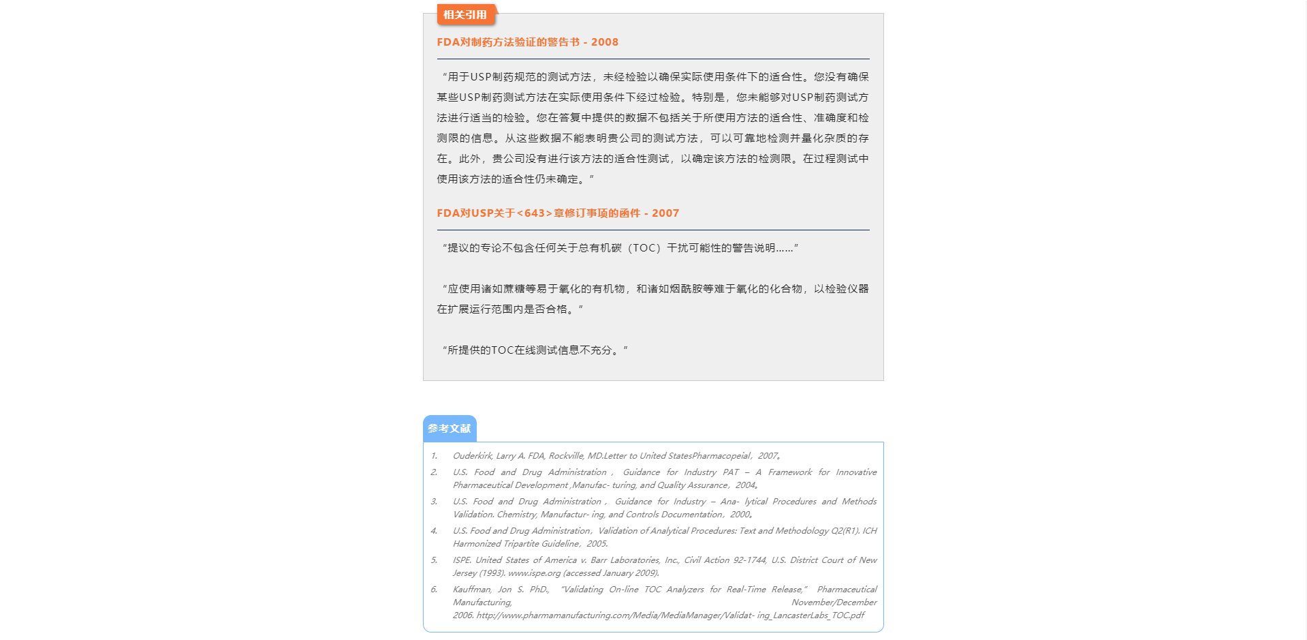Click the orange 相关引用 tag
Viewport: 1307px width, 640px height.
465,14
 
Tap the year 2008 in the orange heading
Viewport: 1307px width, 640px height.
604,42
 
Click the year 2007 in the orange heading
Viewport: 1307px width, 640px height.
665,213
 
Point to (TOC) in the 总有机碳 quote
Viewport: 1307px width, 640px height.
644,248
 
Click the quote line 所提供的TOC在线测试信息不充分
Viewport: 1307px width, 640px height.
535,350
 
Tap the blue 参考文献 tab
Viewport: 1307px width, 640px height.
450,429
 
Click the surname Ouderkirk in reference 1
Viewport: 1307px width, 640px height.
472,456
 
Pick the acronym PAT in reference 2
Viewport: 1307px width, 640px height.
731,472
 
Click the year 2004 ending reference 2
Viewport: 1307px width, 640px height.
745,485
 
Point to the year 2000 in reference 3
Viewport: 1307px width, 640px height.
740,515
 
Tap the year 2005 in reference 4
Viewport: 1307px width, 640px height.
597,544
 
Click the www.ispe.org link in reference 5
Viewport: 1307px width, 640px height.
534,573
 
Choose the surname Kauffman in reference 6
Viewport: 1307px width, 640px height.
471,590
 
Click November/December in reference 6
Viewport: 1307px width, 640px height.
834,603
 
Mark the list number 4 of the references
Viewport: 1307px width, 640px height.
434,531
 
